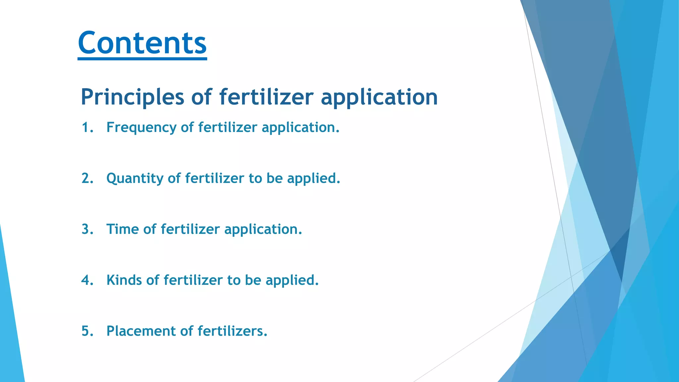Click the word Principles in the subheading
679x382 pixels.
coord(132,97)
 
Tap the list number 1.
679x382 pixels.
coord(87,127)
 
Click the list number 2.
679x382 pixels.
coord(87,178)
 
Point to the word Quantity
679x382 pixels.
coord(135,179)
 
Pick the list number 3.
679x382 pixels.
coord(87,229)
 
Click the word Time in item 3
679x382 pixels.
coord(122,229)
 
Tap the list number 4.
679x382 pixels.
coord(87,280)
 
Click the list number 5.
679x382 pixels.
coord(87,331)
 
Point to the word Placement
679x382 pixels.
coord(141,331)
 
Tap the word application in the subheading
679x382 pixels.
coord(379,97)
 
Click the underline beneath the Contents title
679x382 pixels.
coord(142,59)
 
